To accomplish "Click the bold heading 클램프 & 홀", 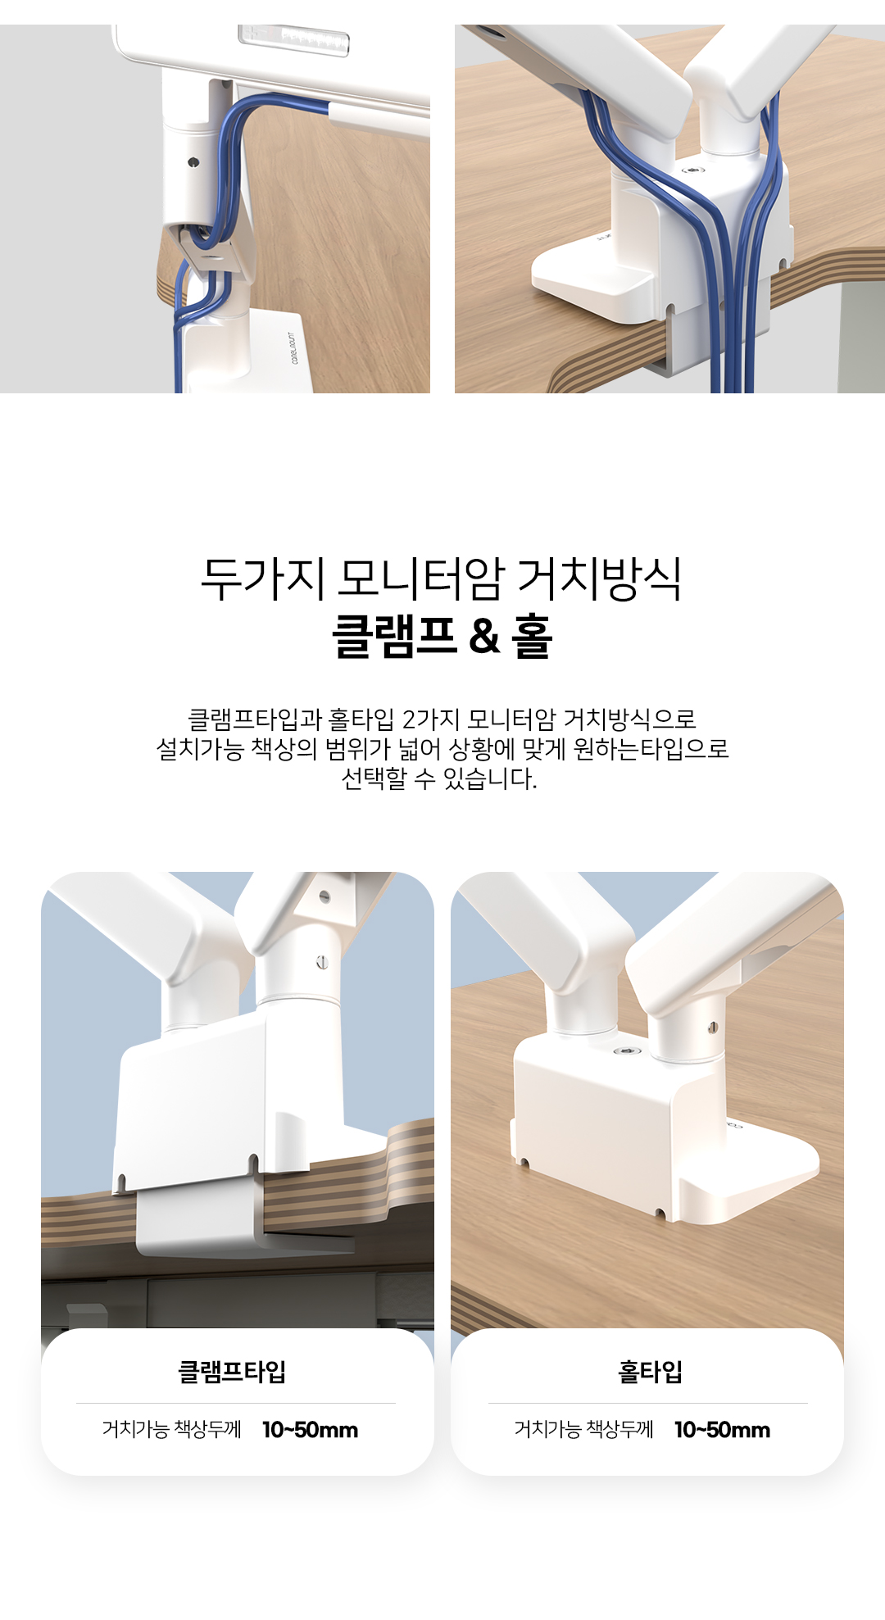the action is click(x=442, y=637).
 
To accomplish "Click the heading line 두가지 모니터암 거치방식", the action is click(x=442, y=579).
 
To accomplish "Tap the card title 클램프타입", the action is click(x=232, y=1372).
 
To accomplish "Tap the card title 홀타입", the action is click(x=650, y=1372).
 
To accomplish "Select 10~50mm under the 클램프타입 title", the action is click(x=311, y=1430).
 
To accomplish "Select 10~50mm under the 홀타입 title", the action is click(x=723, y=1430).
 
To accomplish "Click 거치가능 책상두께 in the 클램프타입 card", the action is click(x=172, y=1430).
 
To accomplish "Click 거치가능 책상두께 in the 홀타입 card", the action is click(x=584, y=1430).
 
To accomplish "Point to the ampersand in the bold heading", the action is click(x=485, y=637).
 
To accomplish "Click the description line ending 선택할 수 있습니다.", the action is click(x=440, y=778).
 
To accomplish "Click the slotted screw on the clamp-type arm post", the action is click(x=322, y=962).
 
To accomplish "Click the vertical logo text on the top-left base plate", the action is click(x=293, y=347).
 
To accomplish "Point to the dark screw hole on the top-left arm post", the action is click(x=193, y=162).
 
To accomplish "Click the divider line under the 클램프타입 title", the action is click(x=236, y=1403).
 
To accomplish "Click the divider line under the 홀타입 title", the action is click(x=648, y=1403).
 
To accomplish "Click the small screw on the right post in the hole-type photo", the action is click(x=712, y=1028).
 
